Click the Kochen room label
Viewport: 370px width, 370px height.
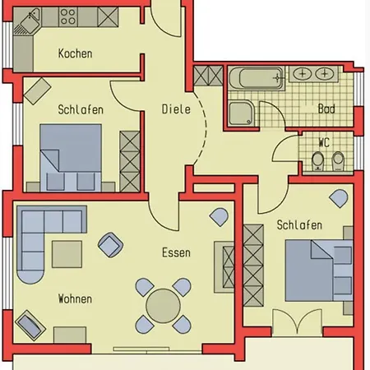pyautogui.click(x=75, y=53)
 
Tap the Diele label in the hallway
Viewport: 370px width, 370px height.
pyautogui.click(x=176, y=109)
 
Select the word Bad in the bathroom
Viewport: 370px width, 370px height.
pyautogui.click(x=326, y=109)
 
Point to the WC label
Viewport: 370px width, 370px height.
pyautogui.click(x=324, y=142)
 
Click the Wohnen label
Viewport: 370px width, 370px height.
pyautogui.click(x=75, y=298)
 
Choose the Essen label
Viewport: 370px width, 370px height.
pyautogui.click(x=176, y=252)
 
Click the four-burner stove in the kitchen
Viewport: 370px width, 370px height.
pyautogui.click(x=68, y=16)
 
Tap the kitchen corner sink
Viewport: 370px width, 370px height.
pyautogui.click(x=27, y=21)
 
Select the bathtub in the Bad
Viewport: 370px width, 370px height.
pyautogui.click(x=257, y=78)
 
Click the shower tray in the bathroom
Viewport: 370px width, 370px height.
pyautogui.click(x=242, y=113)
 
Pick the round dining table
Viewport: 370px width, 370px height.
pyautogui.click(x=163, y=306)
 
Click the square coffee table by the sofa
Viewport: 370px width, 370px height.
pyautogui.click(x=67, y=254)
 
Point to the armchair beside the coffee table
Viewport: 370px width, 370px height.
pyautogui.click(x=110, y=245)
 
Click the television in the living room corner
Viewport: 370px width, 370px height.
pyautogui.click(x=30, y=326)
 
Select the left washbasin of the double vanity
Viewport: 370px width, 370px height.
pyautogui.click(x=303, y=74)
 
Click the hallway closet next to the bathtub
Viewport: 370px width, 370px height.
pyautogui.click(x=208, y=76)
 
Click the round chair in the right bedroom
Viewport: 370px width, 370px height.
pyautogui.click(x=339, y=198)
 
